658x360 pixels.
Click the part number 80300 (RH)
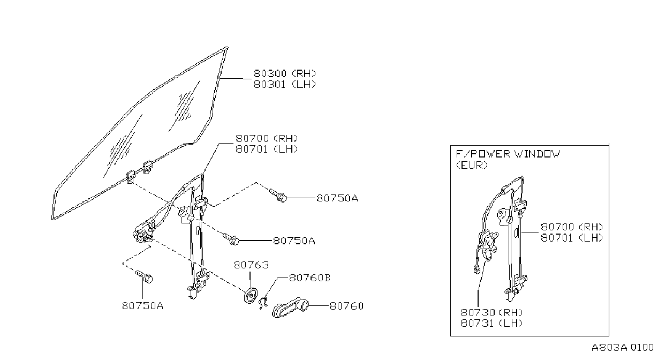[285, 73]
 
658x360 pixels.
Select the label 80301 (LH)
[285, 84]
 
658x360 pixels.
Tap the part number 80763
[251, 265]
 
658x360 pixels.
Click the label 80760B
[309, 277]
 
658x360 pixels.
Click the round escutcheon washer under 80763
[251, 296]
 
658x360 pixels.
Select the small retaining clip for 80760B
[263, 303]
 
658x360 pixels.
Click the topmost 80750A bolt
[278, 196]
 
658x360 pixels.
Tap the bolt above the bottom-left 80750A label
[144, 276]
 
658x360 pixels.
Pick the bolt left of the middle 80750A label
[231, 238]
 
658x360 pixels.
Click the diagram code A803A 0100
[623, 348]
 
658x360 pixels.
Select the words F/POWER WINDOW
[508, 154]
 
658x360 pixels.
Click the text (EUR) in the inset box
[472, 166]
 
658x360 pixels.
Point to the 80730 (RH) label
[491, 312]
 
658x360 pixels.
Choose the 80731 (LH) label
[491, 323]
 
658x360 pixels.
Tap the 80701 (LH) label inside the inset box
[572, 238]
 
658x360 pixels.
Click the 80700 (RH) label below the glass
[267, 138]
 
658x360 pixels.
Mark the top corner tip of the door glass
[227, 47]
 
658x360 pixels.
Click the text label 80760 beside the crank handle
[346, 306]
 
